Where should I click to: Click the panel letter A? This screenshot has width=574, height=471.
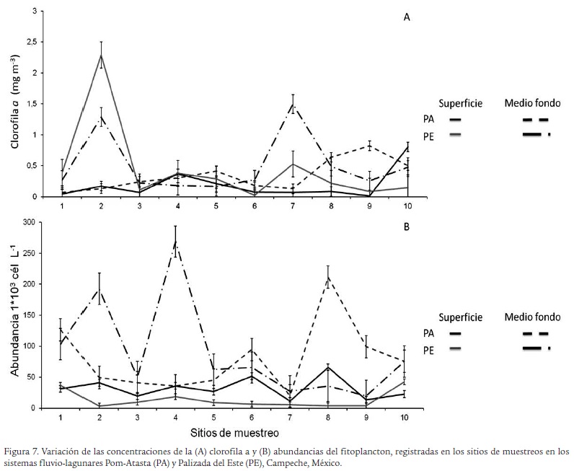point(407,18)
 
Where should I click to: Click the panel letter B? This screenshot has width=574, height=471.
point(407,226)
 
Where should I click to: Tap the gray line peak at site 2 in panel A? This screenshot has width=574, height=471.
point(102,55)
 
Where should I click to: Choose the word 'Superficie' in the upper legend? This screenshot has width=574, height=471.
point(461,104)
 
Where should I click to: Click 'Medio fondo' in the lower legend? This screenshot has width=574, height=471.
point(533,317)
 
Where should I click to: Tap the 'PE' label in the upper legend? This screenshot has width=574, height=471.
point(429,135)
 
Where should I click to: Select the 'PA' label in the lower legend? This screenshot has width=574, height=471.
point(429,333)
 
